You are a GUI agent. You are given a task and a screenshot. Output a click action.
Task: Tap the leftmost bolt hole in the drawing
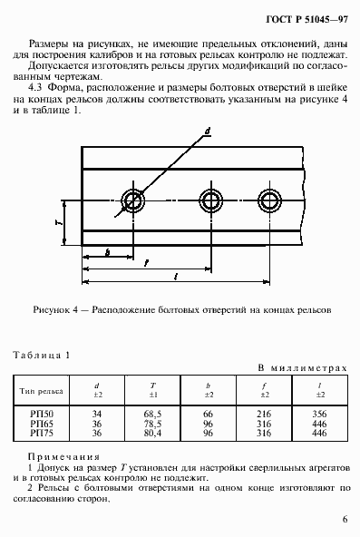point(134,200)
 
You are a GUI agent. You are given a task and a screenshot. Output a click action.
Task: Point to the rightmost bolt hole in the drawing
point(269,200)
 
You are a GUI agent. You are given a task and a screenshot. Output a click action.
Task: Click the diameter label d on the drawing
point(208,132)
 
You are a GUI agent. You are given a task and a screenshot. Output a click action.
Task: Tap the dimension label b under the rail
point(108,251)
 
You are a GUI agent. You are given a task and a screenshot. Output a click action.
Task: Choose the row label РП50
point(40,414)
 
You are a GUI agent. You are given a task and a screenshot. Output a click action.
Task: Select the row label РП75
point(40,434)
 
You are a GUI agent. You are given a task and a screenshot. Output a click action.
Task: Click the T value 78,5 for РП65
point(151,424)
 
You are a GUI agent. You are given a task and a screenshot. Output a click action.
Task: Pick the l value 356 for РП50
point(318,414)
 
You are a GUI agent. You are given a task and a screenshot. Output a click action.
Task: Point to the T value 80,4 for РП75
point(151,434)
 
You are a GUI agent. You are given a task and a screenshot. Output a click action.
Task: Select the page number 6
point(345,519)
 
